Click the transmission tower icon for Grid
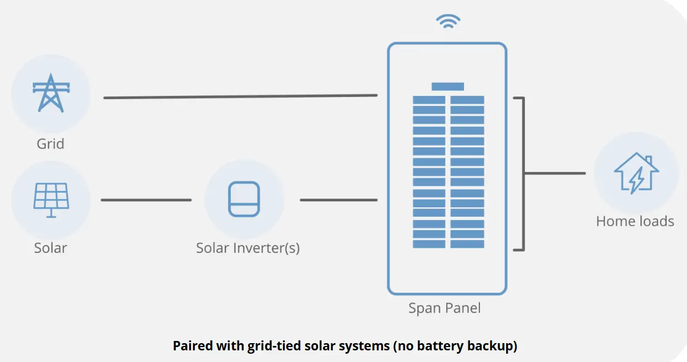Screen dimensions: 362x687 pos(51,93)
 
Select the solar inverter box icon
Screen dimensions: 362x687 pos(244,199)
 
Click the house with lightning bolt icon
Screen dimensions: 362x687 pos(636,173)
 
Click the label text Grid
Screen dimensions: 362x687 pos(50,144)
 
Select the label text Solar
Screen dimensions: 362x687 pos(50,248)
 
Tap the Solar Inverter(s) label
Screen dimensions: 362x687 pos(247,248)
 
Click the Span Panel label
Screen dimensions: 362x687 pos(444,308)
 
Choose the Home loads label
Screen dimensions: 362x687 pos(635,222)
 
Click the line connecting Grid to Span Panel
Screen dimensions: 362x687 pos(240,96)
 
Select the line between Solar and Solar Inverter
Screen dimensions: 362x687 pos(146,200)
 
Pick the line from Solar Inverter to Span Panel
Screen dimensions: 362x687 pos(339,200)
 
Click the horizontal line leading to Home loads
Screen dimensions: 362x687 pos(555,173)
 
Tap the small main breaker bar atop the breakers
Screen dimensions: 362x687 pos(448,86)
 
